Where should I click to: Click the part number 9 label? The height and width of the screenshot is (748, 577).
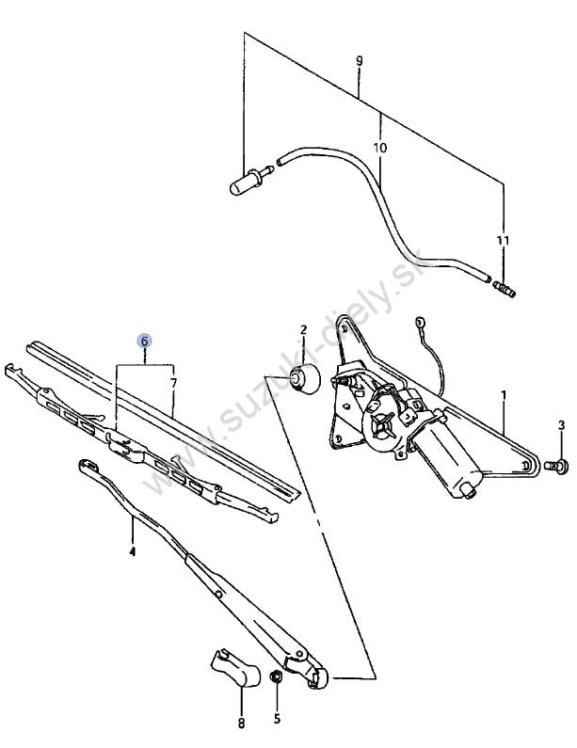point(359,60)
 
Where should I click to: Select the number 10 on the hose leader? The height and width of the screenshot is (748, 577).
point(380,148)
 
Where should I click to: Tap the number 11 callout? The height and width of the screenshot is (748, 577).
point(503,241)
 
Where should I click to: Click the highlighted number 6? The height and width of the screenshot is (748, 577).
point(144,341)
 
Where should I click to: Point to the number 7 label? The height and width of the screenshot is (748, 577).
point(173,383)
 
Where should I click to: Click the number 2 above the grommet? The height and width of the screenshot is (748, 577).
point(303,329)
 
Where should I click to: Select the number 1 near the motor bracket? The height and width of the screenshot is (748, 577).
point(504,395)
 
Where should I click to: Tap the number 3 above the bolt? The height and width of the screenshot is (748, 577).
point(561,425)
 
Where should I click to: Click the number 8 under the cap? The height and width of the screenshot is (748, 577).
point(242,724)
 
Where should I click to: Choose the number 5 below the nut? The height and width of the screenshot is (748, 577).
point(277,719)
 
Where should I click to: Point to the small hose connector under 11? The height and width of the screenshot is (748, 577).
point(504,289)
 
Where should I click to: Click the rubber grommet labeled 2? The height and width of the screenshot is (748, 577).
point(305,379)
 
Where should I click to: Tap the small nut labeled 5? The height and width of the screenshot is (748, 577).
point(276,676)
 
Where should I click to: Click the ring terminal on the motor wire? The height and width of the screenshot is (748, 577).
point(420,321)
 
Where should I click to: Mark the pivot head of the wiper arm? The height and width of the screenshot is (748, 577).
point(317,677)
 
